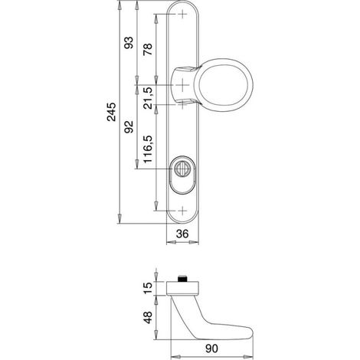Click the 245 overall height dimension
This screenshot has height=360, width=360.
(112, 112)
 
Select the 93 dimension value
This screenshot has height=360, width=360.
(129, 43)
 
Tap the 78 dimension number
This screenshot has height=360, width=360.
(148, 49)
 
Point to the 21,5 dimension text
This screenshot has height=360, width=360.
(148, 98)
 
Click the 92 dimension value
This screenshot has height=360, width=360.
(129, 126)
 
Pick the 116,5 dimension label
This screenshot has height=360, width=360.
(148, 149)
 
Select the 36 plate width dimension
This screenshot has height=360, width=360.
(182, 234)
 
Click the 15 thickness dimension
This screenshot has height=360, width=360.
(148, 288)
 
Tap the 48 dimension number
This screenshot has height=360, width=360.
(148, 317)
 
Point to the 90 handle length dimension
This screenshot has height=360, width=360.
(211, 349)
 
